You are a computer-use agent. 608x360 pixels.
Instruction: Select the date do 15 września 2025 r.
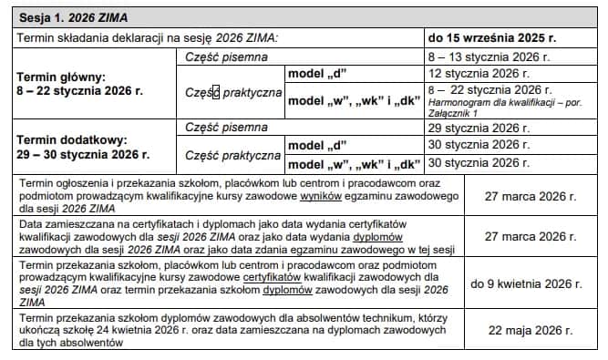(492, 37)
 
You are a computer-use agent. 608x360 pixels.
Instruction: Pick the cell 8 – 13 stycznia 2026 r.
(478, 56)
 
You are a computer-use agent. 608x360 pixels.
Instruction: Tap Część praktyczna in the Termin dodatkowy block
(232, 155)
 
